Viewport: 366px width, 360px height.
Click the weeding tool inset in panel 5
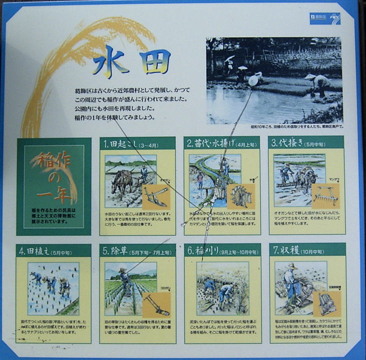coord(156,303)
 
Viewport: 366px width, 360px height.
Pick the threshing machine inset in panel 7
coord(327,302)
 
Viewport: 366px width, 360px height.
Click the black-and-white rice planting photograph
coord(274,80)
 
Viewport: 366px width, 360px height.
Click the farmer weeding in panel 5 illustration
coord(125,282)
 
